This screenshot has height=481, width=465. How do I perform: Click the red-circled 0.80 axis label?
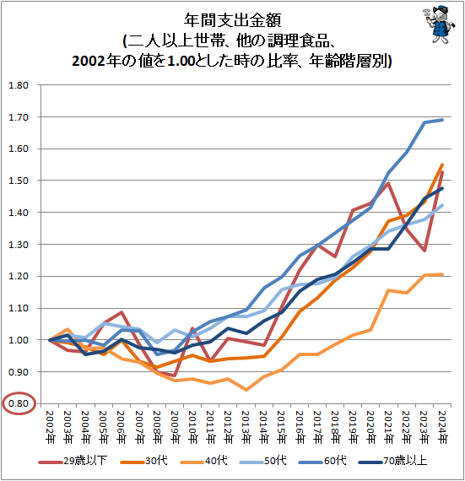(18, 404)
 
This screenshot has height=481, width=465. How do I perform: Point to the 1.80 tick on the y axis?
(18, 85)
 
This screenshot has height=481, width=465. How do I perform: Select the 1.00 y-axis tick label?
(18, 340)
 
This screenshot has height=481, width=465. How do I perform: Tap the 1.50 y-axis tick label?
(18, 181)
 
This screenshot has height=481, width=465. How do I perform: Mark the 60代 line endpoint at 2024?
(443, 120)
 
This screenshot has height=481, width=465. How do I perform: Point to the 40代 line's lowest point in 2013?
(246, 390)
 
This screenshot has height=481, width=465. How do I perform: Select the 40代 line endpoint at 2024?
(443, 274)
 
